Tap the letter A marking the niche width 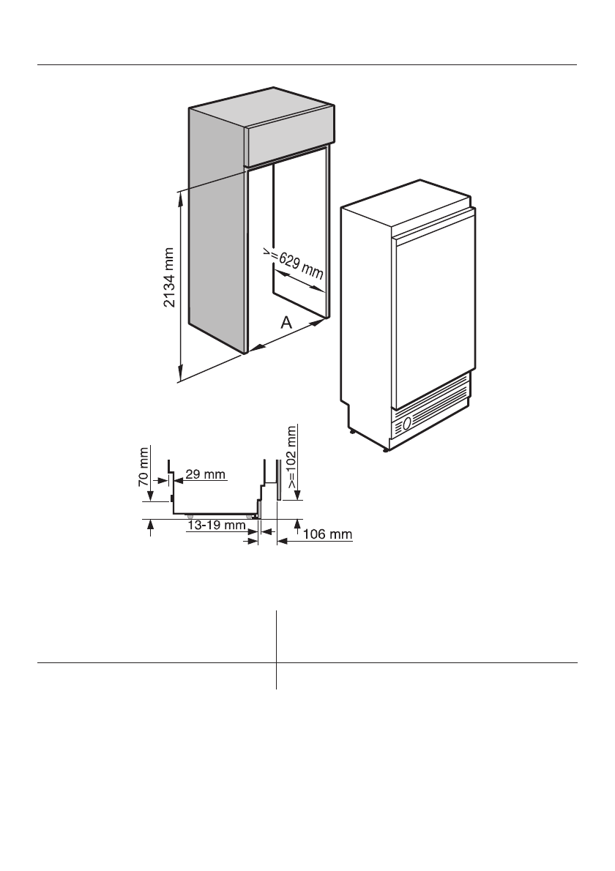click(x=287, y=321)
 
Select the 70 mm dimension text click(x=144, y=469)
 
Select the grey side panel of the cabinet click(x=216, y=227)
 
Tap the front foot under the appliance click(x=385, y=450)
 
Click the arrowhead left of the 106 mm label click(x=280, y=540)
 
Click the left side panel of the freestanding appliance click(x=366, y=322)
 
